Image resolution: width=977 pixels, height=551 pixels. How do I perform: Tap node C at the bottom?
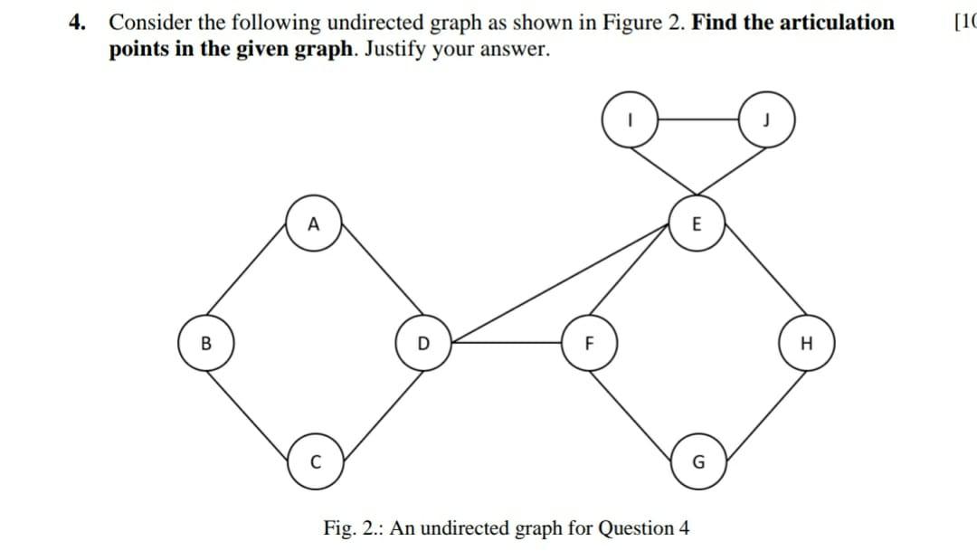(x=313, y=463)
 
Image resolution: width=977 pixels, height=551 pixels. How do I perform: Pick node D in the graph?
(x=422, y=344)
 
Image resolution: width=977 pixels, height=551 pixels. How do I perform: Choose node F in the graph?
(x=587, y=344)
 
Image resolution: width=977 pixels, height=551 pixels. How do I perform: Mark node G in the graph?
(x=695, y=463)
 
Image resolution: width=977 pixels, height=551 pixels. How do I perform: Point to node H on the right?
(x=804, y=344)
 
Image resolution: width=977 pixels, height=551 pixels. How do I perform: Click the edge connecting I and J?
(x=697, y=119)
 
